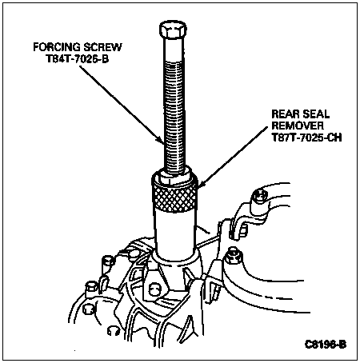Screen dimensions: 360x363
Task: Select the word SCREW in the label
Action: [102, 47]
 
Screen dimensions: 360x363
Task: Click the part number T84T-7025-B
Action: [78, 59]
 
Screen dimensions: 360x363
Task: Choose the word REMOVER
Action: [298, 126]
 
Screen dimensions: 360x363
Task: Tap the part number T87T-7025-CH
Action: [306, 138]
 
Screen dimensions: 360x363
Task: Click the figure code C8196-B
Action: [326, 345]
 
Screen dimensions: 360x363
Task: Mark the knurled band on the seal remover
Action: [174, 197]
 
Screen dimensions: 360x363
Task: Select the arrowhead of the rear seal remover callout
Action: [200, 184]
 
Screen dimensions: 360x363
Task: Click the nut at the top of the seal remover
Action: [174, 175]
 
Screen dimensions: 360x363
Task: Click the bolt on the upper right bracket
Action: [260, 196]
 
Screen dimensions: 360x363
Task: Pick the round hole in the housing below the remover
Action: [154, 290]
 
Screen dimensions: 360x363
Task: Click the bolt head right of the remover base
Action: [234, 257]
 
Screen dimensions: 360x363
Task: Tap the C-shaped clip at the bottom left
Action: [114, 331]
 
